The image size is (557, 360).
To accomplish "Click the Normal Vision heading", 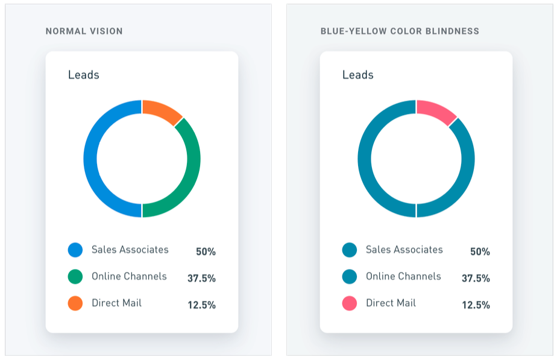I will tap(84, 31).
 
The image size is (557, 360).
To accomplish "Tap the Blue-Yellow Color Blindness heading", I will tap(400, 31).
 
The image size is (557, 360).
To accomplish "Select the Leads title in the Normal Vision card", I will tap(83, 75).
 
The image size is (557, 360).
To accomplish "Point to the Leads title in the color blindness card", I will tap(357, 75).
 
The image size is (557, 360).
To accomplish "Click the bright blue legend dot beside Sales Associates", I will tap(75, 250).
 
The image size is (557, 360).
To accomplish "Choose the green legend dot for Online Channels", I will tap(75, 277).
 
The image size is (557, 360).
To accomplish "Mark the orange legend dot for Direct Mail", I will tap(75, 303).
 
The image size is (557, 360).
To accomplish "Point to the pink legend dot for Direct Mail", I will tap(350, 303).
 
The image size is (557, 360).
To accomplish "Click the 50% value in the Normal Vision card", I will tap(206, 251).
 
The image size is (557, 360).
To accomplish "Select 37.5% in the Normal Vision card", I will tap(201, 278).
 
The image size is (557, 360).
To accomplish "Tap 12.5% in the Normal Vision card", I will tap(201, 305).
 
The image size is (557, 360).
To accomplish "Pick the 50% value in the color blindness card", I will tap(480, 251).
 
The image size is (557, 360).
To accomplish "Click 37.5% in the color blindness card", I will tap(476, 278).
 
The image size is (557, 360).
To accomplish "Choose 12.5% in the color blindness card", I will tap(476, 305).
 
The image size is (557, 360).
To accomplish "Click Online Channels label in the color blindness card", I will tap(403, 276).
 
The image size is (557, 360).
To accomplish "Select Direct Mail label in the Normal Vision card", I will tap(116, 303).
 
